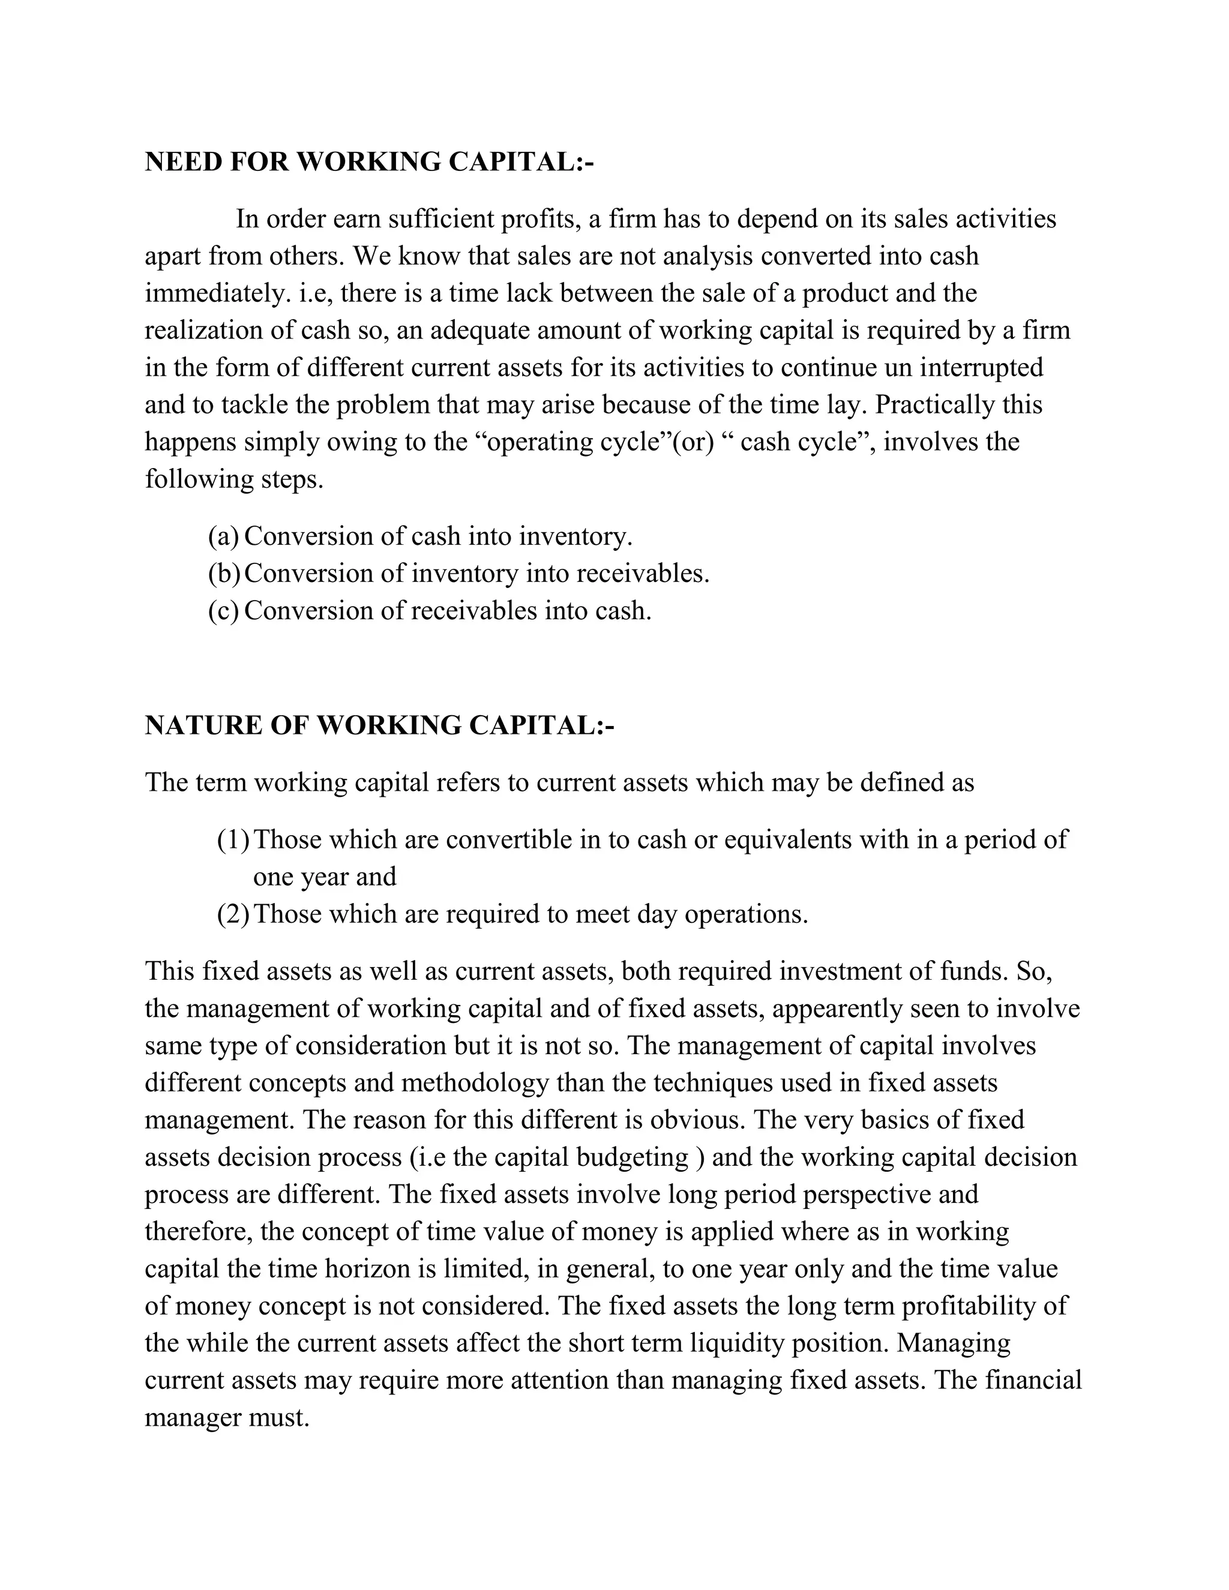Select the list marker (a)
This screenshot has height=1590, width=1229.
pos(223,536)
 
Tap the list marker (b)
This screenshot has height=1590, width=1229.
pos(223,574)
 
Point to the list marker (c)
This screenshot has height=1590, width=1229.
pos(223,610)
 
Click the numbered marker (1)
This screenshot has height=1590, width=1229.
pos(232,839)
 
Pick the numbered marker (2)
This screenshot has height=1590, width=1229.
pos(232,914)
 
